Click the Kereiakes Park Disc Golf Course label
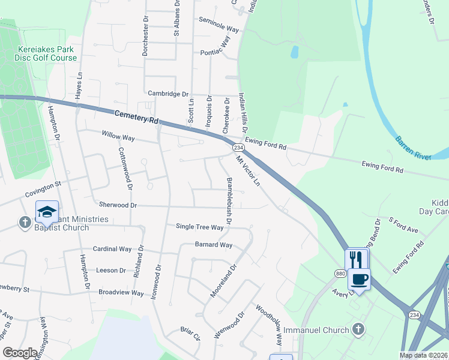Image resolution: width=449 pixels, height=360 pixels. click(x=47, y=53)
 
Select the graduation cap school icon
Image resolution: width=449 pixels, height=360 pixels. click(x=46, y=212)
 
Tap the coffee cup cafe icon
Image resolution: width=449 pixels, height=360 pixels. click(x=359, y=279)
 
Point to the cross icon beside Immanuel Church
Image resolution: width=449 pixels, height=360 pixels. click(x=358, y=329)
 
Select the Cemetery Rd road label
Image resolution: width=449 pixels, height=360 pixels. click(x=136, y=116)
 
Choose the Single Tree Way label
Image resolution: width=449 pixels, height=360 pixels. click(x=199, y=227)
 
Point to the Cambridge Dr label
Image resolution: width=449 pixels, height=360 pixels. click(x=168, y=94)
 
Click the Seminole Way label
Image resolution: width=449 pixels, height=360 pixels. click(x=219, y=29)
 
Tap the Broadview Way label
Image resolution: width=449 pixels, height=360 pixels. click(x=121, y=293)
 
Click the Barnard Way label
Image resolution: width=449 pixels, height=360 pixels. click(x=213, y=245)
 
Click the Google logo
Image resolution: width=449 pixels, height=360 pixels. click(x=20, y=353)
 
